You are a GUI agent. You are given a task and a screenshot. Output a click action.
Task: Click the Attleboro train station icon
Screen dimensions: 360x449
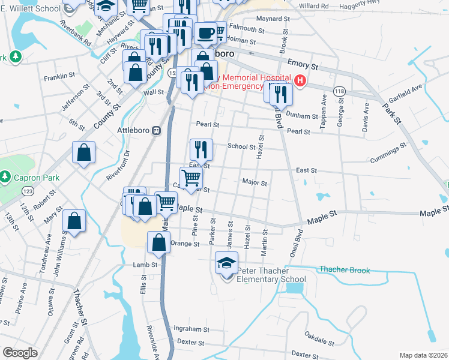coord(157,130)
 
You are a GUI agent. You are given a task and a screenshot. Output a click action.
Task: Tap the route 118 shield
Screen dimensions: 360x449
coord(340,91)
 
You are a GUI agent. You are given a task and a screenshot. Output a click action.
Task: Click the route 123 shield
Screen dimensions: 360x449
coord(28,191)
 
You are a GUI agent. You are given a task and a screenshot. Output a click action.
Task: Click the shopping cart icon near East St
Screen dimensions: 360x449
coord(191,177)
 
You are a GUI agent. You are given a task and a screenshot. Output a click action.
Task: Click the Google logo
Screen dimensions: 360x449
coord(20,353)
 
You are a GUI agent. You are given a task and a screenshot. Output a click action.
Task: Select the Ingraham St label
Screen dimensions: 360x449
coord(190,328)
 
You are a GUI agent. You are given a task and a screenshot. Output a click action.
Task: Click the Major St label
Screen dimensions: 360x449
coord(254,182)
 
